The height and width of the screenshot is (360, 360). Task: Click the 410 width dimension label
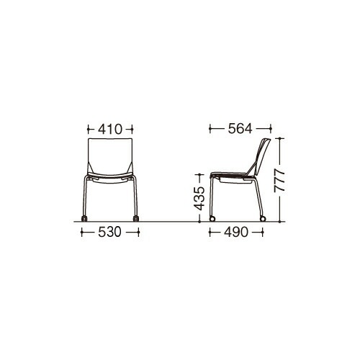coord(110,130)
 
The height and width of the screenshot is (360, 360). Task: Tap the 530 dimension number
coord(109,232)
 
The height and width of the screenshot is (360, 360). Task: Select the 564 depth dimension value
coord(240,129)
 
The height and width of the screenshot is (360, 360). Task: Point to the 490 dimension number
coord(236,232)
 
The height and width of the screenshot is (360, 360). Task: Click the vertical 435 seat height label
coord(199,198)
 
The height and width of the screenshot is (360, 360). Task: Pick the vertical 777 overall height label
coord(279,180)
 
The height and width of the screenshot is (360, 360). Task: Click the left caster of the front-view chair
coord(84,218)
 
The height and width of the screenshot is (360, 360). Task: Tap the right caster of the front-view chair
coord(136,218)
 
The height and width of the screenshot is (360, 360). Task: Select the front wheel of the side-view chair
coord(212,219)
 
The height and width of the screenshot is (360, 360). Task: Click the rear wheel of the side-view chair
coord(263,219)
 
